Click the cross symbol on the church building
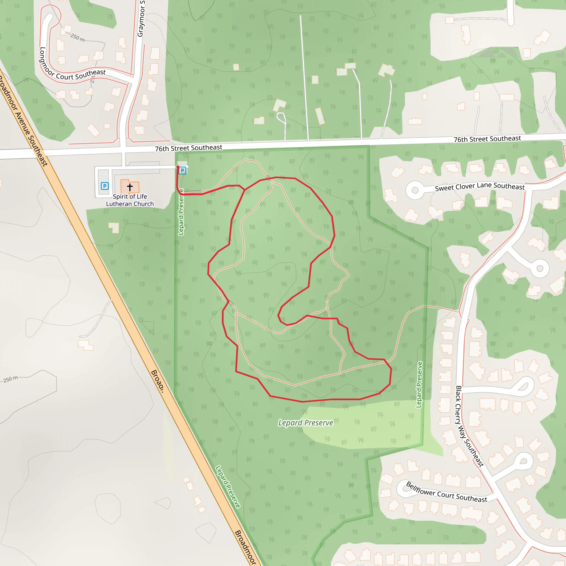point(130,187)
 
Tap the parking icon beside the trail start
point(182,171)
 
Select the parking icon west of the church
point(104,186)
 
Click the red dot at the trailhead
point(178,167)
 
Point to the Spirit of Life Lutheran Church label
point(130,200)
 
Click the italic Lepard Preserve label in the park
point(306,423)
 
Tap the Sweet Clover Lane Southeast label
point(479,186)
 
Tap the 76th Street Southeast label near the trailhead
point(188,148)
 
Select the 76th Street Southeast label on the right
point(487,139)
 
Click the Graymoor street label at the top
point(141,19)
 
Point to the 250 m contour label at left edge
point(11,379)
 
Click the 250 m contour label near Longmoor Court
point(78,38)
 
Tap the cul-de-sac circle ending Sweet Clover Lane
point(415,190)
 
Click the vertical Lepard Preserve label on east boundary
point(419,385)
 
